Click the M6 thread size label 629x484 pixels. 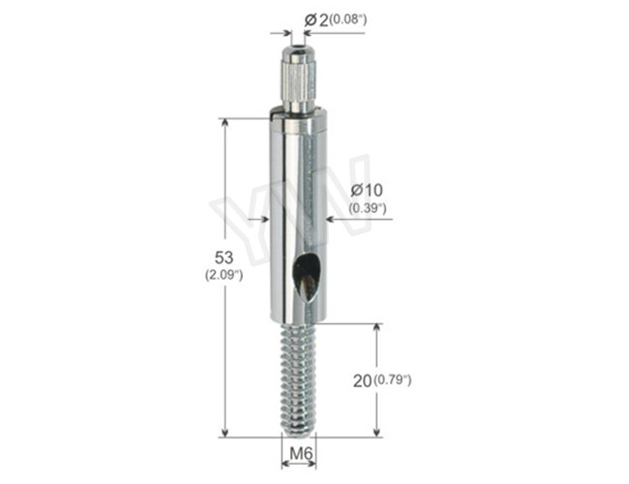point(301,454)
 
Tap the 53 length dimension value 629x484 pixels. point(224,257)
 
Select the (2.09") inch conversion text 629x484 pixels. point(224,275)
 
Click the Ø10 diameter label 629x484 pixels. point(367,190)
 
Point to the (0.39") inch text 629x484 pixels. point(367,208)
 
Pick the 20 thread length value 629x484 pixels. point(362,380)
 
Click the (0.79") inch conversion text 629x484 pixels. point(392,379)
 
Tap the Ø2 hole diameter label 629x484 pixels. point(315,20)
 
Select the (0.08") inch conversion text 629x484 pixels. point(347,18)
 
